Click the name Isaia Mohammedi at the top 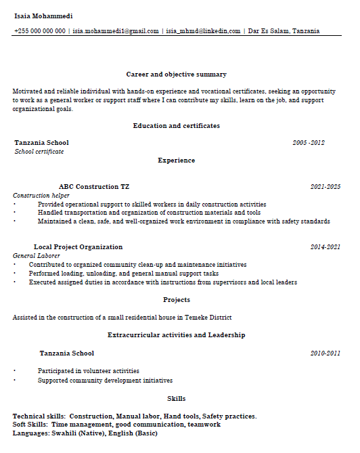[x=43, y=16]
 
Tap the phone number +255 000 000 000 [x=40, y=31]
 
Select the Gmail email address [x=116, y=31]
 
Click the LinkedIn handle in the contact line [x=203, y=31]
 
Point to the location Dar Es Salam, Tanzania [x=284, y=31]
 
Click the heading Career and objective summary [x=176, y=74]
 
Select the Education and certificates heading [x=176, y=126]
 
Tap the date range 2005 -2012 [x=309, y=143]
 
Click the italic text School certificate [x=39, y=152]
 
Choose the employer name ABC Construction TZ [x=94, y=186]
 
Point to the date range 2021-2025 [x=325, y=186]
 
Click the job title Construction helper [x=41, y=196]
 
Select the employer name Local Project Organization [x=78, y=247]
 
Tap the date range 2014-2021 [x=325, y=247]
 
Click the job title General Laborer [x=37, y=256]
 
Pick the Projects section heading [x=176, y=299]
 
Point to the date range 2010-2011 [x=325, y=353]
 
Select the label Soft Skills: [x=30, y=425]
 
